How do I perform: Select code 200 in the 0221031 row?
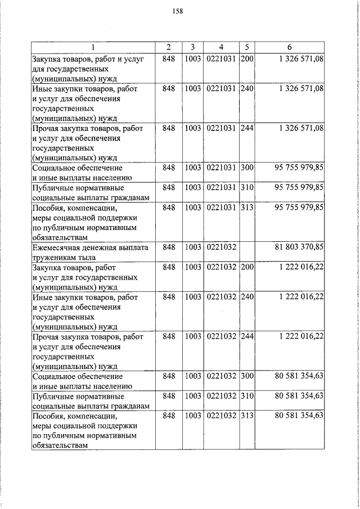click(x=247, y=59)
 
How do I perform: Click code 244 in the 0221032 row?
click(x=247, y=336)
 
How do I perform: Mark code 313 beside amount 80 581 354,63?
click(x=247, y=416)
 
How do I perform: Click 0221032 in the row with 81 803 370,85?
click(x=221, y=247)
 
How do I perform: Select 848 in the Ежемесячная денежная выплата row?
click(x=169, y=247)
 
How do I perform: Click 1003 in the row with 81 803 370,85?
click(x=193, y=247)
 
